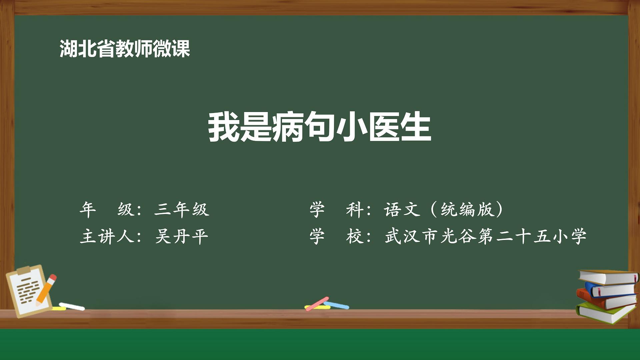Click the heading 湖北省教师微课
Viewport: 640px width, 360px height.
coord(125,49)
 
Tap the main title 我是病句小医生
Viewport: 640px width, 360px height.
coord(320,127)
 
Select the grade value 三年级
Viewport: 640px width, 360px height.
coord(182,210)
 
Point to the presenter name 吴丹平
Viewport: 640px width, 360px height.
coord(182,236)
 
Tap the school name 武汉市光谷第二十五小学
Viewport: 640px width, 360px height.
coord(485,236)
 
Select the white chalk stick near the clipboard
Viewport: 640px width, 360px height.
coord(72,306)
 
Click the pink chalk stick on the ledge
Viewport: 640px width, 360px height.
coord(317,303)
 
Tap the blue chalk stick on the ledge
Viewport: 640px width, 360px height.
coord(336,305)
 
